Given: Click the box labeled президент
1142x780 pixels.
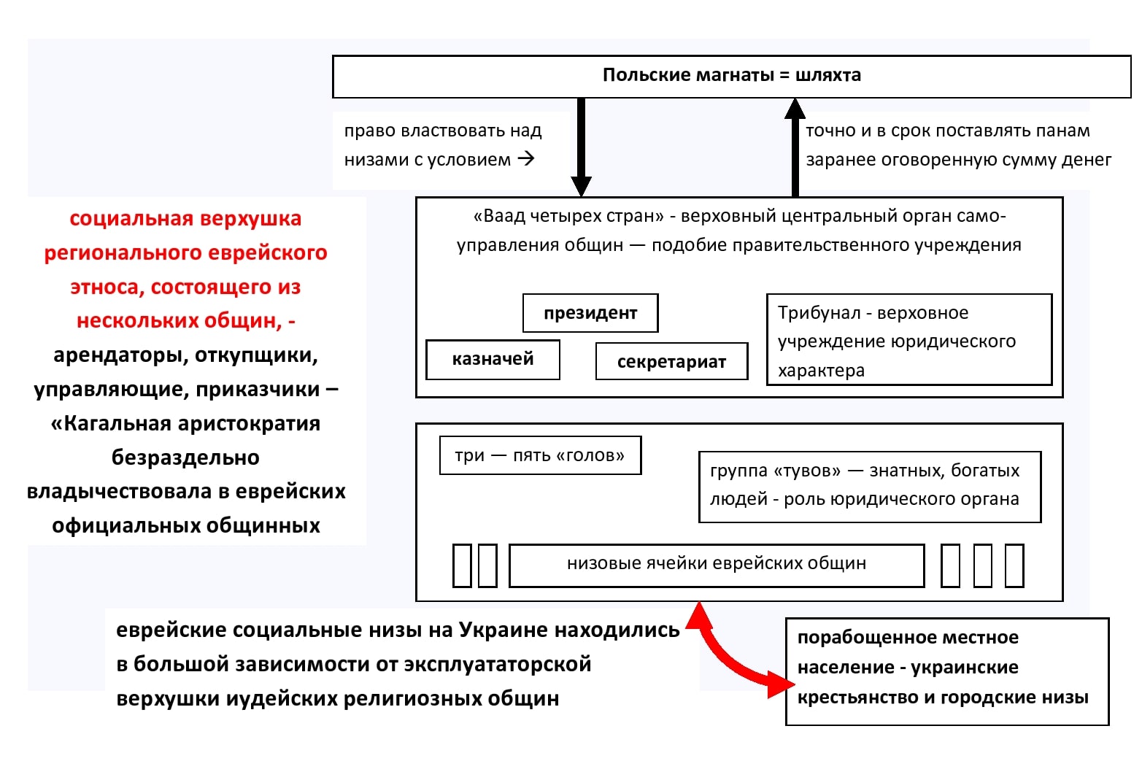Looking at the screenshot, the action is (x=590, y=313).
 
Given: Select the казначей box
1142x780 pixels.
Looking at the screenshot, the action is (x=493, y=360).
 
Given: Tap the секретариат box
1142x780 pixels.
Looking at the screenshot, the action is (x=672, y=361).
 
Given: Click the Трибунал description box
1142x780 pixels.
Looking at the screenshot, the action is (x=909, y=339).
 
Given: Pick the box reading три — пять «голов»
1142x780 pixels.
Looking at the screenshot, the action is (x=541, y=455).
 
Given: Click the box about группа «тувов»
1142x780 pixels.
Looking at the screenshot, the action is (x=870, y=487).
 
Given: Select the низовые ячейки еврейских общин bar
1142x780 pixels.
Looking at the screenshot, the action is (x=717, y=565).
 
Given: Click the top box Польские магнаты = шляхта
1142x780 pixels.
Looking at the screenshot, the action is (x=732, y=77).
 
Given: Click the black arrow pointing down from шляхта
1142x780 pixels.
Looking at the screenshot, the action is (x=581, y=147).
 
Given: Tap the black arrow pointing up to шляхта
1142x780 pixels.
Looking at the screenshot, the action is (x=795, y=147).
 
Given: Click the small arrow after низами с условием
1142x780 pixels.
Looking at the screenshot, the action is (x=526, y=158).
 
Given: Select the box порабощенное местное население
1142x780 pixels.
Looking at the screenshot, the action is (x=947, y=671).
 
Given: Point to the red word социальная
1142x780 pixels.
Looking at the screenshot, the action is (x=132, y=219).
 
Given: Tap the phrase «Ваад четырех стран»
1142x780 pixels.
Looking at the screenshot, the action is (x=568, y=216).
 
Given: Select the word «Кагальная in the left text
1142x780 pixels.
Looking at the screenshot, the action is (x=111, y=424).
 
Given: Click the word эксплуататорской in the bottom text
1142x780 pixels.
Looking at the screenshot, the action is (x=498, y=664).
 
